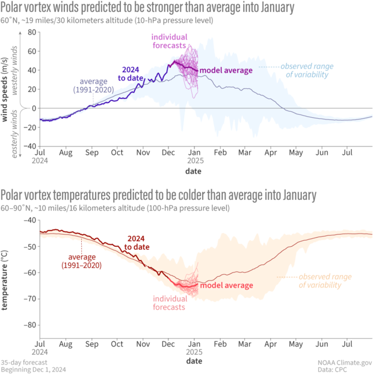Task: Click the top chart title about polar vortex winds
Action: point(148,8)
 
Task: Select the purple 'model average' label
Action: point(221,70)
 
